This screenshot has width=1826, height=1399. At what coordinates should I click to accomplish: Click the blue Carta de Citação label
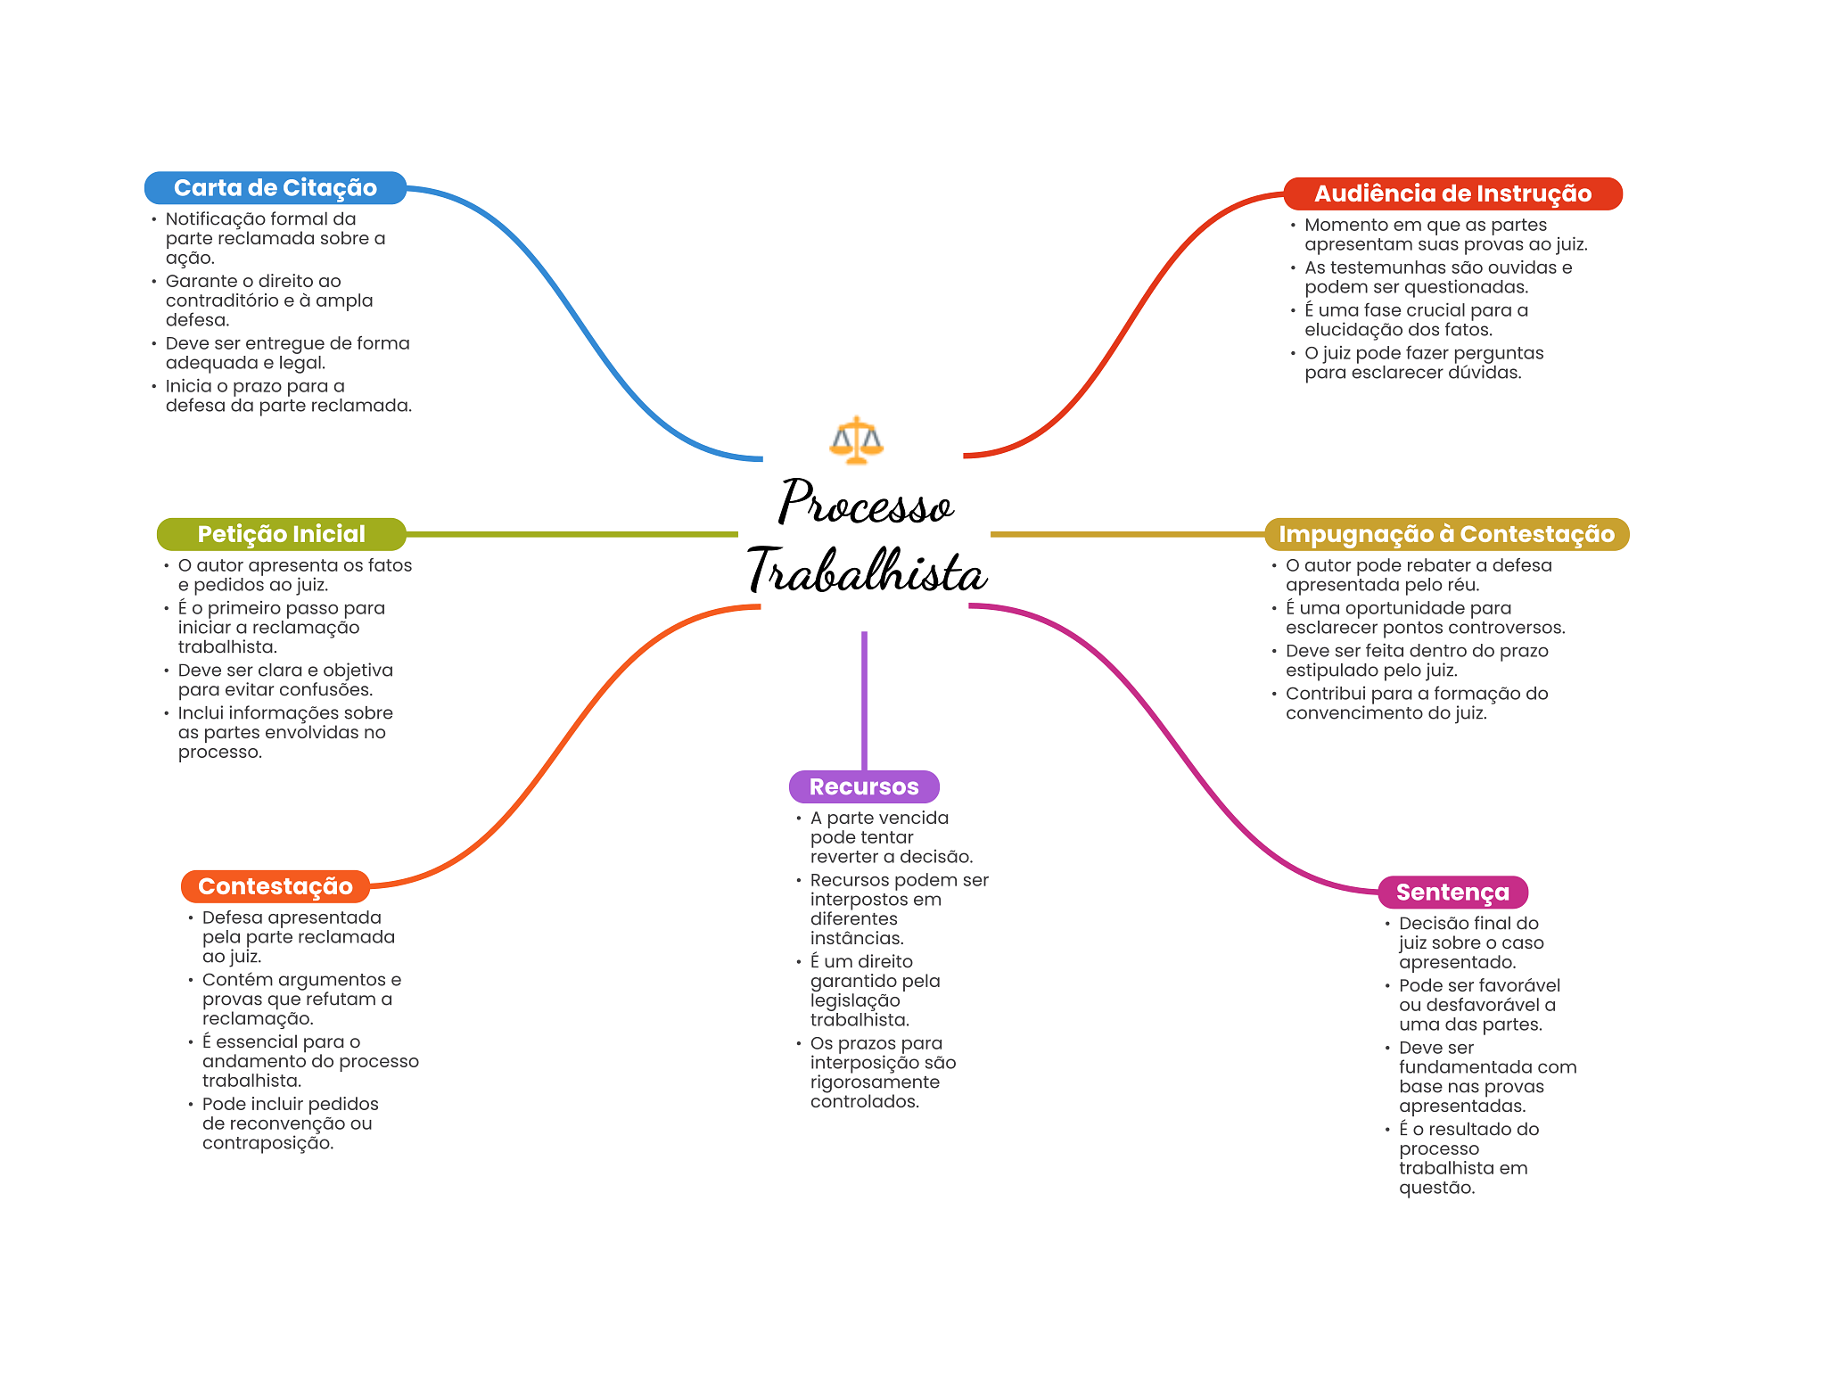coord(275,188)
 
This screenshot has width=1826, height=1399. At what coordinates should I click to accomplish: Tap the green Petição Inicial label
coord(281,534)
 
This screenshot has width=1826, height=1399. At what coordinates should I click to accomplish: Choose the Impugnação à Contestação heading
coord(1446,534)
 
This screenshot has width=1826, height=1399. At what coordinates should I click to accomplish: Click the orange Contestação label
coord(275,886)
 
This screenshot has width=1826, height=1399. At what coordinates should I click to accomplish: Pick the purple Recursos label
coord(863,786)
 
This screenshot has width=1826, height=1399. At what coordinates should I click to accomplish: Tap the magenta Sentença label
coord(1452,892)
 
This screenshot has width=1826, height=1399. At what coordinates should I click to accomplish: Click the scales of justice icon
coord(856,440)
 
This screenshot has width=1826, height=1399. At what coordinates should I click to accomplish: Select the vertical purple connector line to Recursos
coord(864,700)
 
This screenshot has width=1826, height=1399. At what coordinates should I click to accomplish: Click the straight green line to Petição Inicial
coord(571,534)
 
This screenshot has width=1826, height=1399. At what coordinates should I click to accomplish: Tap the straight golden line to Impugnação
coord(1127,534)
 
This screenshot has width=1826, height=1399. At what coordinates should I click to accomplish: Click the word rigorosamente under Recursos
coord(875,1082)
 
